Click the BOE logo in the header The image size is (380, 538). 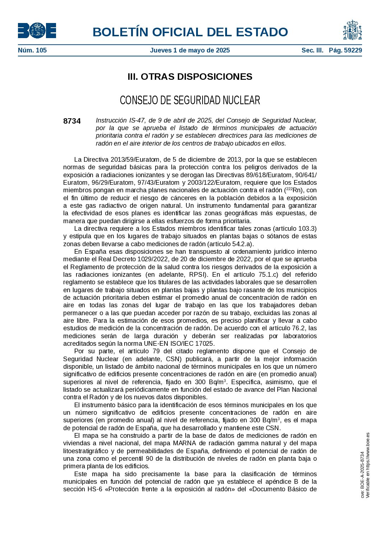pyautogui.click(x=37, y=31)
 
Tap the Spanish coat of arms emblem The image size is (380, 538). pyautogui.click(x=352, y=30)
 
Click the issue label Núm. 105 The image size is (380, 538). pyautogui.click(x=32, y=50)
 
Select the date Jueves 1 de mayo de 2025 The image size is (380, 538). pyautogui.click(x=190, y=50)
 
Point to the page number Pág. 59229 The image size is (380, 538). pyautogui.click(x=345, y=50)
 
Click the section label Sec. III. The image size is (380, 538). pyautogui.click(x=312, y=50)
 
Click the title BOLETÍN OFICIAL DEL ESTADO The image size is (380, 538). pyautogui.click(x=190, y=32)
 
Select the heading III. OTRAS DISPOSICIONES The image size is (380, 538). pyautogui.click(x=190, y=77)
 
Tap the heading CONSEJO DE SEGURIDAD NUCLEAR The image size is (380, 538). pyautogui.click(x=190, y=100)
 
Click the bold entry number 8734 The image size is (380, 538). pyautogui.click(x=72, y=121)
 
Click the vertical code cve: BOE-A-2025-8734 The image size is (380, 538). pyautogui.click(x=363, y=474)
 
